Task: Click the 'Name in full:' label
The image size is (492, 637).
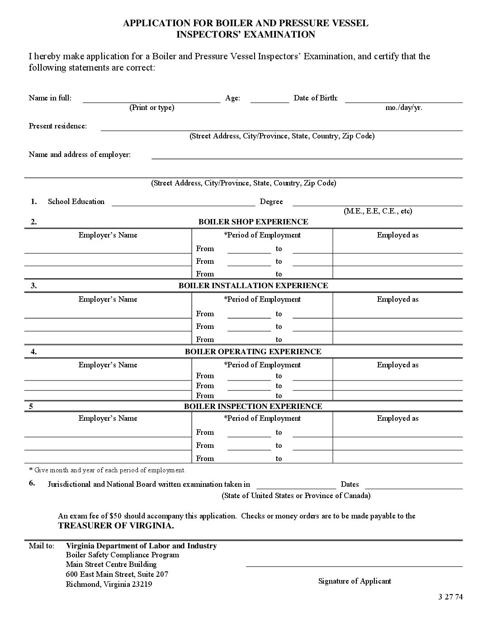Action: [x=50, y=98]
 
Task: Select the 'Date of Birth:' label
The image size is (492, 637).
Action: [x=316, y=98]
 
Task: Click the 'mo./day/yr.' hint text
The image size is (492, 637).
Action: [x=404, y=108]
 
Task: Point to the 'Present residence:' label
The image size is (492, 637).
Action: [x=58, y=126]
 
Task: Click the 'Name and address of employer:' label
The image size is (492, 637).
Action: [x=80, y=154]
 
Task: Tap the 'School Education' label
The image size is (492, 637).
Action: [x=76, y=201]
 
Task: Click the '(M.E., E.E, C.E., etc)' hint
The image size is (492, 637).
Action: [x=378, y=211]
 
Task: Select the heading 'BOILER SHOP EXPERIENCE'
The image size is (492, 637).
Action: [x=253, y=222]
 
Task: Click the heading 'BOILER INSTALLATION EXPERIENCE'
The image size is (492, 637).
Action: [x=253, y=285]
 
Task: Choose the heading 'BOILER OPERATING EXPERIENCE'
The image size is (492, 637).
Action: [x=253, y=352]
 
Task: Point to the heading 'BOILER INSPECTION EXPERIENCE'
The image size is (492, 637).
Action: [x=253, y=406]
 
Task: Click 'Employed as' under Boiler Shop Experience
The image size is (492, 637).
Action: [x=397, y=235]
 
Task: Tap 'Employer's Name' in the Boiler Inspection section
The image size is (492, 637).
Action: [x=108, y=418]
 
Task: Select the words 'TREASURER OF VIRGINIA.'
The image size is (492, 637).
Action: [x=116, y=526]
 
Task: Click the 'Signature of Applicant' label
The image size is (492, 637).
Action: [x=355, y=581]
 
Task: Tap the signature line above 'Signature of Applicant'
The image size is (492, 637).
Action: [x=354, y=566]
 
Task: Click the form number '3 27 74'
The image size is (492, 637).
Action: [x=450, y=596]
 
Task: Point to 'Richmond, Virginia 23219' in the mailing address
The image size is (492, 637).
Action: [x=109, y=584]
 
